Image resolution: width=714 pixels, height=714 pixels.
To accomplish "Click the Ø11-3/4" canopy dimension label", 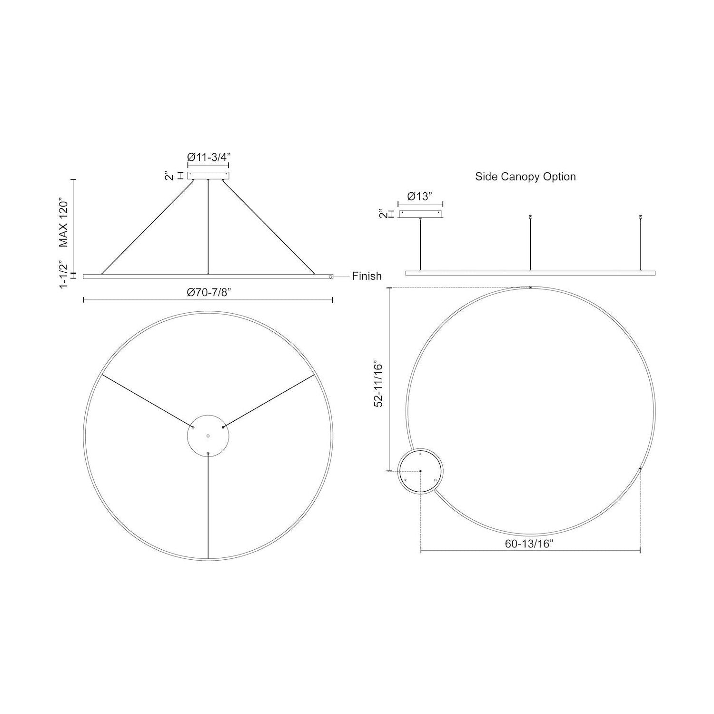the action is [208, 157].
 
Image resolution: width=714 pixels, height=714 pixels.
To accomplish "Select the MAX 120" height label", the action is [64, 223].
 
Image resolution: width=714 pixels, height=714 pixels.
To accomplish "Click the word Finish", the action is [367, 276].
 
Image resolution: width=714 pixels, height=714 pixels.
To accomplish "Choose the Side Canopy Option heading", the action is [526, 177].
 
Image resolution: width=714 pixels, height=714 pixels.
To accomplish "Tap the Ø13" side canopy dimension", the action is [420, 197].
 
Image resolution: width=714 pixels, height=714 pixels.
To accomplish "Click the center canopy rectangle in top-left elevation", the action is [208, 176].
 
